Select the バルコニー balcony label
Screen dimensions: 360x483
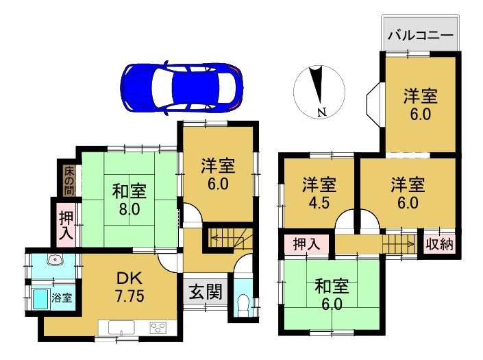tap(420, 35)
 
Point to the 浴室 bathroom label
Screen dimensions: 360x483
tap(66, 298)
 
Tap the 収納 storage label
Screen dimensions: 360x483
tap(440, 244)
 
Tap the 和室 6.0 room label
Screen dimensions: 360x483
tap(330, 293)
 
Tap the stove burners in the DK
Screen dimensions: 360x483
tap(158, 327)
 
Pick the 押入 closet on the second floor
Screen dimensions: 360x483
tap(306, 244)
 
